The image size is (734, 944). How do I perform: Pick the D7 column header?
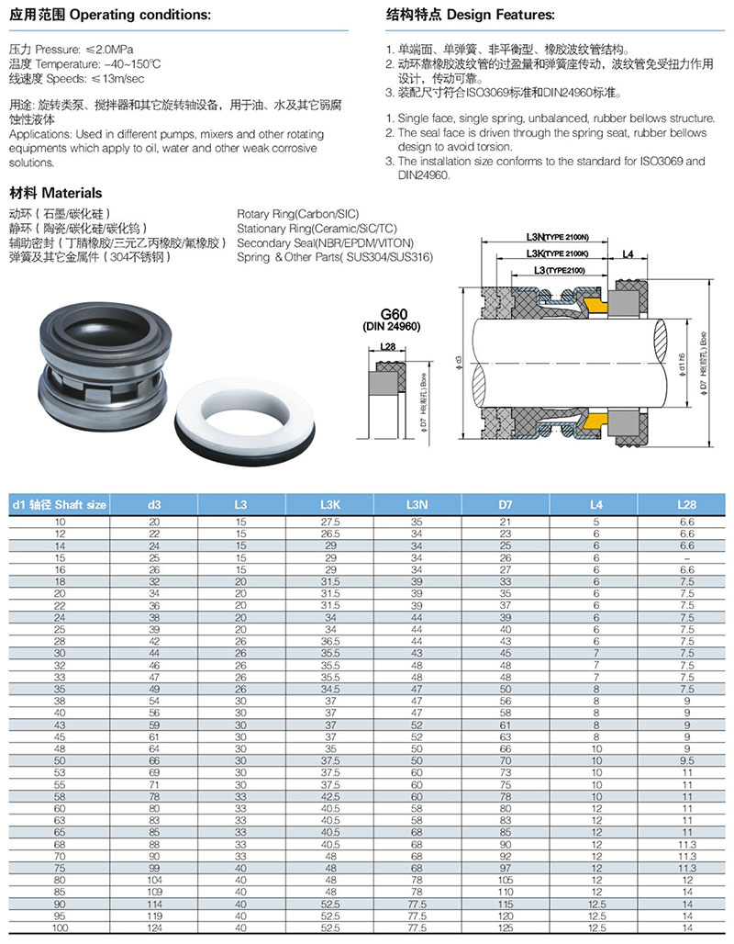coord(506,504)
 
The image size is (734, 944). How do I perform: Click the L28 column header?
coord(686,504)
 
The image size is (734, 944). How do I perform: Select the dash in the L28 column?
coord(686,556)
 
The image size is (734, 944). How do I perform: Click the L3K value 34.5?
coord(329,688)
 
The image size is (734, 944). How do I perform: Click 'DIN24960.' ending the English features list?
coord(424,174)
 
